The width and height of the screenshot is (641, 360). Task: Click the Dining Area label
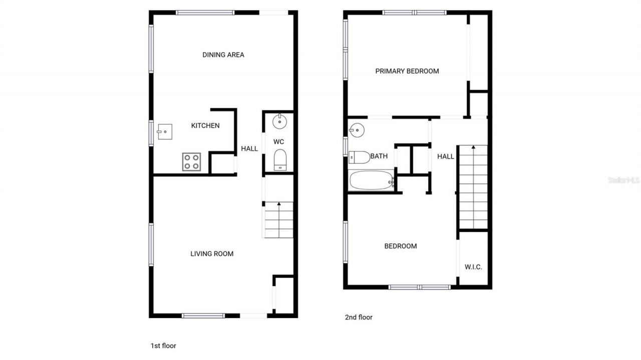pyautogui.click(x=223, y=55)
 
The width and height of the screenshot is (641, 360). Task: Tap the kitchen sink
pyautogui.click(x=164, y=132)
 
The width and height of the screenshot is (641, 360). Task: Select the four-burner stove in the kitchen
pyautogui.click(x=191, y=162)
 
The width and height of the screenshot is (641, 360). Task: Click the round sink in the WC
pyautogui.click(x=279, y=121)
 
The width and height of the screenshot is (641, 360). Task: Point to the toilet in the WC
pyautogui.click(x=280, y=160)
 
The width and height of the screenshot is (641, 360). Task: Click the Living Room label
pyautogui.click(x=212, y=254)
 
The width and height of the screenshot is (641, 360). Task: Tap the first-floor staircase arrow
pyautogui.click(x=279, y=204)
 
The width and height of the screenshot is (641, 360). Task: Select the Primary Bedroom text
pyautogui.click(x=407, y=71)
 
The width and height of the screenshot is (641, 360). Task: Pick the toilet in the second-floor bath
pyautogui.click(x=359, y=157)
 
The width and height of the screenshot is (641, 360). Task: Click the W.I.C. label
pyautogui.click(x=473, y=267)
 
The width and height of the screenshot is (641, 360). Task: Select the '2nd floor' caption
pyautogui.click(x=359, y=317)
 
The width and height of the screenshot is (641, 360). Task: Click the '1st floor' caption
pyautogui.click(x=163, y=345)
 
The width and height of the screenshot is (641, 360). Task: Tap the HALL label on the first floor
pyautogui.click(x=249, y=149)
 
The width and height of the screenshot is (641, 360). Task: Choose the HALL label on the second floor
pyautogui.click(x=446, y=157)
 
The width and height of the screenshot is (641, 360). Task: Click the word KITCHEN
pyautogui.click(x=205, y=126)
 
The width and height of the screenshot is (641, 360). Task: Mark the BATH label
pyautogui.click(x=379, y=156)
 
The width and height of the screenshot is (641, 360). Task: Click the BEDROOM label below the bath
pyautogui.click(x=401, y=246)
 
